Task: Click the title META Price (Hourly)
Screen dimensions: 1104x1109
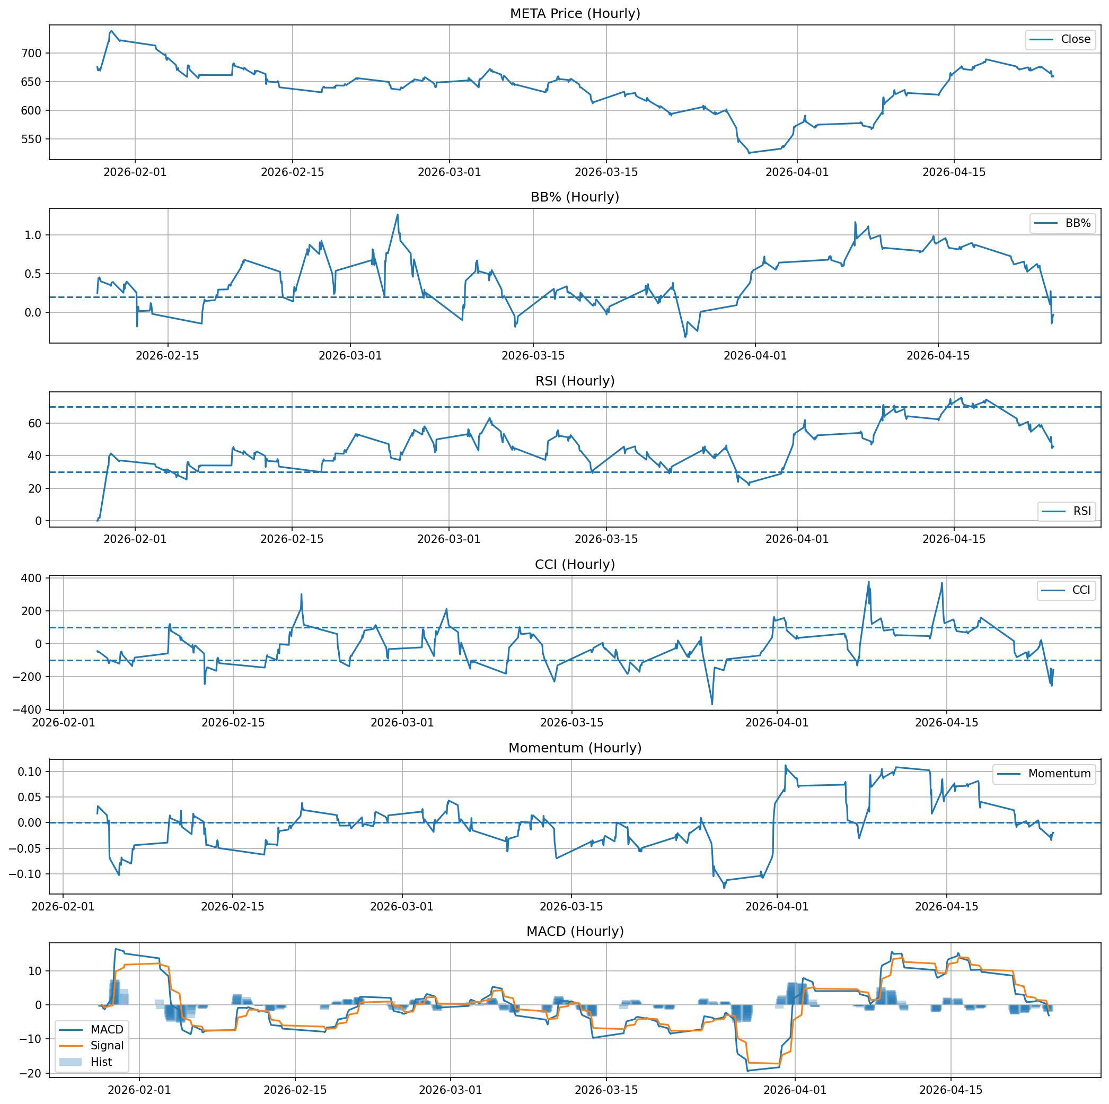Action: (575, 13)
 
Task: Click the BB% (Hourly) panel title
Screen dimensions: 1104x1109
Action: (575, 197)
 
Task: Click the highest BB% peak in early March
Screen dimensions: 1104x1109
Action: (397, 215)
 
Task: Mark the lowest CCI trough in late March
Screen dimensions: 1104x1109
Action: (712, 704)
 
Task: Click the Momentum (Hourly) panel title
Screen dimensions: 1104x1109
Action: (575, 748)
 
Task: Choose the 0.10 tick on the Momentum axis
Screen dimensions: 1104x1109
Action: (30, 772)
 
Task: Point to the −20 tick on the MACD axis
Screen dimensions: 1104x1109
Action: (32, 1073)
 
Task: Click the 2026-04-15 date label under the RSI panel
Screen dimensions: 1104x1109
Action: (954, 539)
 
